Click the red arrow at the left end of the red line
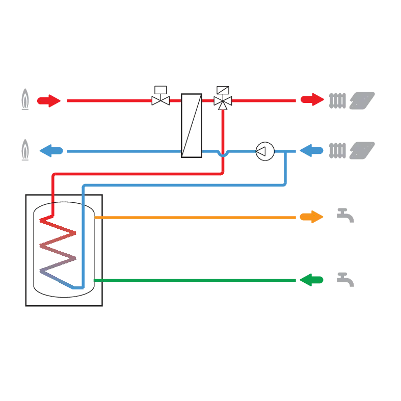[x=49, y=101]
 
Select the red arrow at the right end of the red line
[x=311, y=99]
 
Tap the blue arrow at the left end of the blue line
[x=51, y=151]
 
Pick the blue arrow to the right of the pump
[x=311, y=151]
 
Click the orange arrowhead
[x=311, y=217]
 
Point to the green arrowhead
[x=311, y=280]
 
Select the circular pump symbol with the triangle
[x=265, y=151]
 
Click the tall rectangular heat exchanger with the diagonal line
[x=192, y=124]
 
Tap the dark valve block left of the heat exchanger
[x=160, y=96]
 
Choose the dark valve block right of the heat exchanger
[x=224, y=97]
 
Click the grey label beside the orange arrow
[x=344, y=216]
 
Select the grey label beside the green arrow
[x=344, y=279]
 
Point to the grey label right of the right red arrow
[x=350, y=99]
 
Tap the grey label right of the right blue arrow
[x=350, y=150]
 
